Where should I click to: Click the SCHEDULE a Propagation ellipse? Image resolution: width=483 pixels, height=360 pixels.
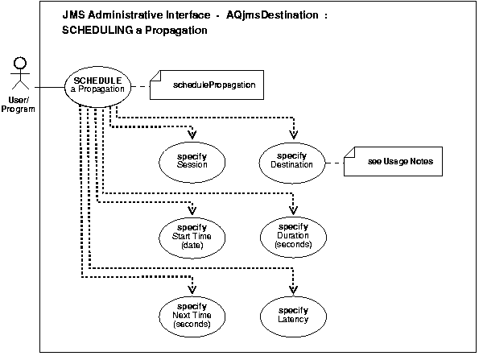[x=97, y=85]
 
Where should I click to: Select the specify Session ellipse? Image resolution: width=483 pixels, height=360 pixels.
[x=193, y=159]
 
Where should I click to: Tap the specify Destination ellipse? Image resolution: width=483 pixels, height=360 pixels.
[x=293, y=159]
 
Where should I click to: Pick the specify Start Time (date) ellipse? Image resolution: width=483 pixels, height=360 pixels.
[x=192, y=235]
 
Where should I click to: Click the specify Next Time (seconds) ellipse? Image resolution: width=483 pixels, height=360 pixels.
[x=192, y=313]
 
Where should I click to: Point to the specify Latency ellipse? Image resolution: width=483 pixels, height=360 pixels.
[x=293, y=313]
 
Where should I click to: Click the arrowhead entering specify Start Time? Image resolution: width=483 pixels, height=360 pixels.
[x=192, y=212]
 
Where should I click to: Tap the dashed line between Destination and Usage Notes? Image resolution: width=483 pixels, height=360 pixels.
[x=334, y=160]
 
